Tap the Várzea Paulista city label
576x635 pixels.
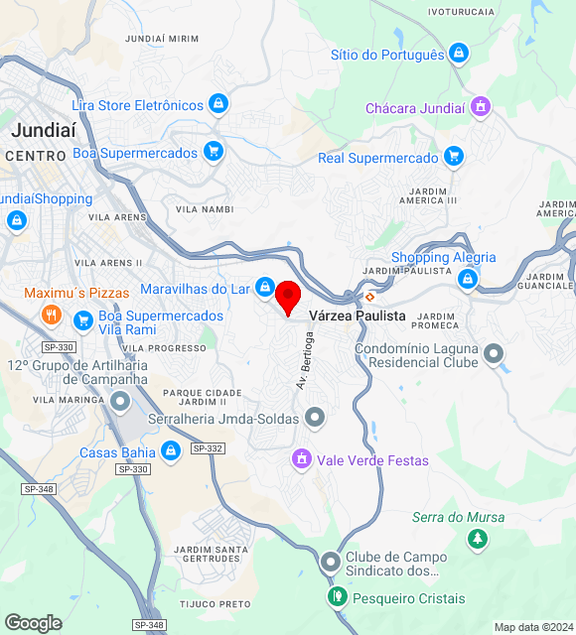pyautogui.click(x=358, y=316)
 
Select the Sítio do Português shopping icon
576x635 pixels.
pyautogui.click(x=458, y=54)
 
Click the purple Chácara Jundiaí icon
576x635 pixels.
pyautogui.click(x=481, y=107)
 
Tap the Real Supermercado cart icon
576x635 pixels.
pyautogui.click(x=454, y=157)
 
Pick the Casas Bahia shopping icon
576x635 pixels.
pyautogui.click(x=171, y=452)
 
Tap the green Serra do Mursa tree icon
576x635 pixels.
pyautogui.click(x=478, y=539)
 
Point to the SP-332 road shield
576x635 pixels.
pyautogui.click(x=208, y=448)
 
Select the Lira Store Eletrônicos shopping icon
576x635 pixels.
pyautogui.click(x=218, y=104)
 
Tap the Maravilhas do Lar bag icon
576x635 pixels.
pyautogui.click(x=264, y=288)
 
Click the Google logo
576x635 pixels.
pyautogui.click(x=33, y=623)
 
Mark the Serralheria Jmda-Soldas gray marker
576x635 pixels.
pyautogui.click(x=315, y=418)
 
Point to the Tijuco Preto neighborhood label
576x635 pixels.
pyautogui.click(x=215, y=603)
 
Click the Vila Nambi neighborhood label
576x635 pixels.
pyautogui.click(x=205, y=209)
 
